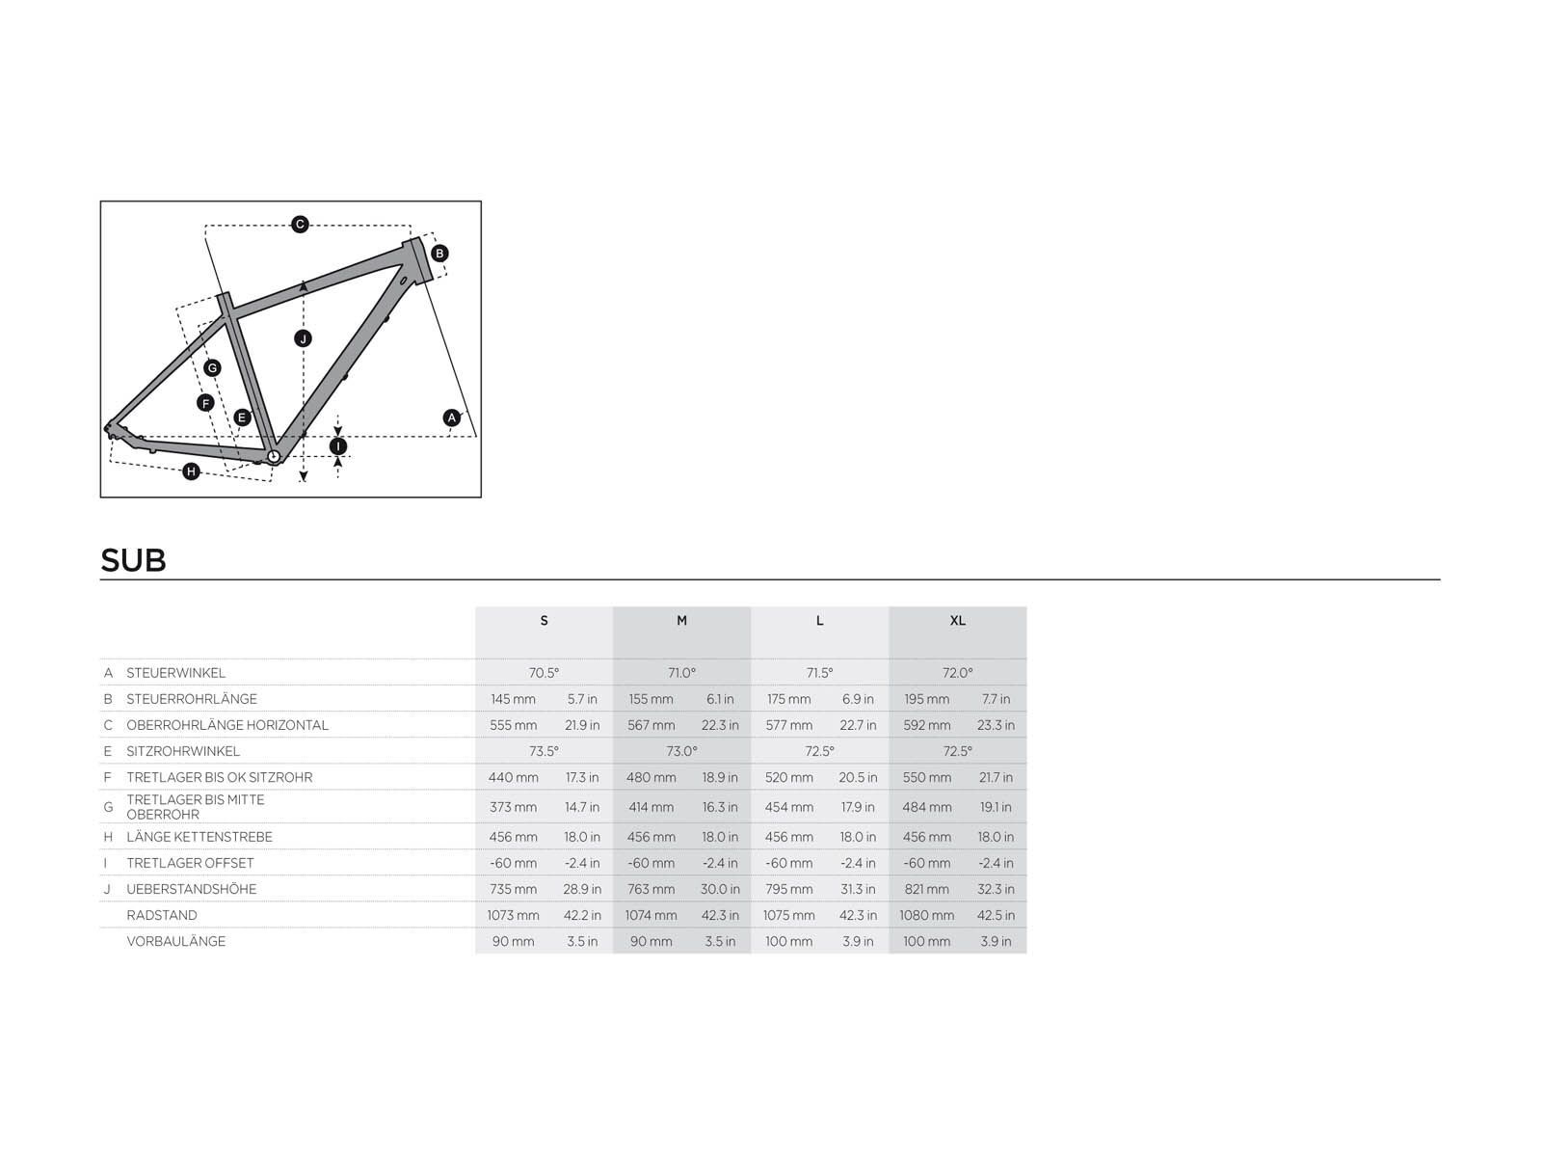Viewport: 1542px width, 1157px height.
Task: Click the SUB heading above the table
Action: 133,560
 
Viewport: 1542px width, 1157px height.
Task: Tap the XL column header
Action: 957,620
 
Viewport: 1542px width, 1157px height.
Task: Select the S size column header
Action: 544,620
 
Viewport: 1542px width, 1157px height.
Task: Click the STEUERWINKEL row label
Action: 175,672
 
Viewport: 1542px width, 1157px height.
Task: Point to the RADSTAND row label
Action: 162,915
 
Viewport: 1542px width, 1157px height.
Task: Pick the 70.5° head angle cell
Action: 544,672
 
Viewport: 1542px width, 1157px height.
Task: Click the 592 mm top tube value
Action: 926,725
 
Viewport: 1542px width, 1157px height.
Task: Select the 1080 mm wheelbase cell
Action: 926,915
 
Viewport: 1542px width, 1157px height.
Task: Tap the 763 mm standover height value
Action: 651,889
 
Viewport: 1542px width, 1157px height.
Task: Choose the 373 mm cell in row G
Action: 513,807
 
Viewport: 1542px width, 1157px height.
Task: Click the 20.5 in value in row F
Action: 858,777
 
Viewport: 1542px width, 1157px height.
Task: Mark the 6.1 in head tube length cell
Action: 720,699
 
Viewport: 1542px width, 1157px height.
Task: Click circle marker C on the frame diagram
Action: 300,224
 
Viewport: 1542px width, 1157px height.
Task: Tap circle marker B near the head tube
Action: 439,253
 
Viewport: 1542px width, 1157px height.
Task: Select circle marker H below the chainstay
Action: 191,471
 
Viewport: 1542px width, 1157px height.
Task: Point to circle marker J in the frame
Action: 303,338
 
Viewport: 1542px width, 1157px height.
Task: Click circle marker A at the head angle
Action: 452,417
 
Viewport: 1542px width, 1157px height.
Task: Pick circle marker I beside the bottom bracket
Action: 338,446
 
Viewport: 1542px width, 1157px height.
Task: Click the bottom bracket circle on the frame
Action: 274,457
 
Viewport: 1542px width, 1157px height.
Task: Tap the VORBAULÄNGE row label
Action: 175,941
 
